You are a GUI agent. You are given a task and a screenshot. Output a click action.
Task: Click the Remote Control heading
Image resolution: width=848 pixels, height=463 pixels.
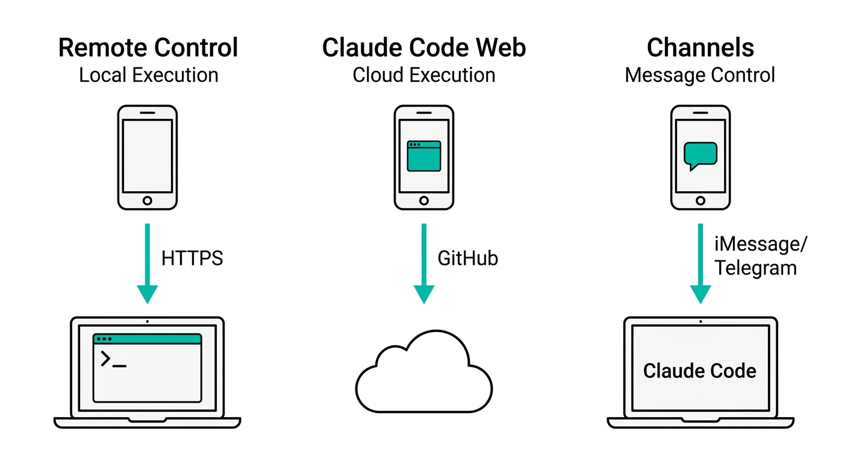click(148, 48)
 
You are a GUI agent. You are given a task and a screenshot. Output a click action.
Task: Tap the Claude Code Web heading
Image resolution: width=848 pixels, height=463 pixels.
click(424, 48)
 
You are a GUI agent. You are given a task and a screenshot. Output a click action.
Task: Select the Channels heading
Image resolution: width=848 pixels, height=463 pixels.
click(700, 48)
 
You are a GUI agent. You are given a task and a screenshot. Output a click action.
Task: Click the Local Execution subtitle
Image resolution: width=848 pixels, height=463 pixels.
click(148, 75)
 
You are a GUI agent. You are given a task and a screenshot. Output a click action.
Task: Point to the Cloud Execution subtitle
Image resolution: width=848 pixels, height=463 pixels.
click(424, 75)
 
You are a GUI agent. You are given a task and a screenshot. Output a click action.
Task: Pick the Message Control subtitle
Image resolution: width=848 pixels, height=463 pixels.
click(700, 75)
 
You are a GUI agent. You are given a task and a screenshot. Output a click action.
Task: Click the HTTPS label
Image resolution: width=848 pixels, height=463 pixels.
click(192, 259)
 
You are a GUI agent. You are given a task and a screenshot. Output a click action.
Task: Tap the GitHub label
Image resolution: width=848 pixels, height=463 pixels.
click(468, 259)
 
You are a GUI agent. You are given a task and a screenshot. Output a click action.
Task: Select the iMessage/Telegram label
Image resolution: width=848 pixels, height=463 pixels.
click(760, 257)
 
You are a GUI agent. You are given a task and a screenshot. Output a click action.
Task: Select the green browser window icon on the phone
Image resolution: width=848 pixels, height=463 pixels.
click(424, 156)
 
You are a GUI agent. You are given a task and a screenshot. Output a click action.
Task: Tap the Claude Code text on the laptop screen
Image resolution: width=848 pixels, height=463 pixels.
click(700, 371)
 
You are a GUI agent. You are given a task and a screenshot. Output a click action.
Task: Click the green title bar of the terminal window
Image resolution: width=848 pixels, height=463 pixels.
click(148, 339)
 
